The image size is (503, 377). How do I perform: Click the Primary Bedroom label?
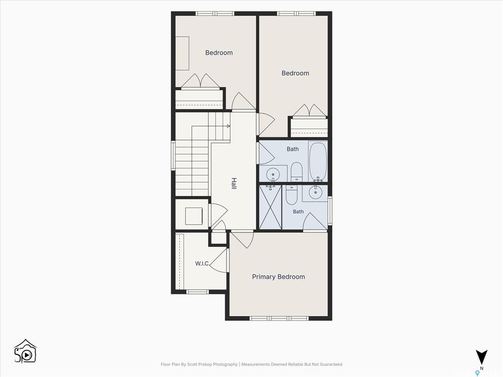[279, 277]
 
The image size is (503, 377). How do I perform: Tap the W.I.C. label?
[202, 264]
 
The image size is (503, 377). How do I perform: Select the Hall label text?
[234, 184]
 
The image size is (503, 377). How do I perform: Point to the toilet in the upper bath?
[296, 172]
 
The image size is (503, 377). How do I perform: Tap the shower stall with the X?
[271, 207]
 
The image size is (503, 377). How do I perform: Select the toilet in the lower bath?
[292, 195]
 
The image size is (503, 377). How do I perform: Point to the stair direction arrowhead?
[228, 126]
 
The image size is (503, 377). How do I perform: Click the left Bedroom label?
[219, 53]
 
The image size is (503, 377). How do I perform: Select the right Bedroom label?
[295, 73]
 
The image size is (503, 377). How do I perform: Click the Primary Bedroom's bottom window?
[279, 318]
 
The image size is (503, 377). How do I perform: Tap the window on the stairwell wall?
[173, 156]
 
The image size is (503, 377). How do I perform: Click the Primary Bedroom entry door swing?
[243, 240]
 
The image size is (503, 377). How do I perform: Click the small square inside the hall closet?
[194, 216]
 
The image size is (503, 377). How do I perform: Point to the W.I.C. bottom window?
[197, 292]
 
